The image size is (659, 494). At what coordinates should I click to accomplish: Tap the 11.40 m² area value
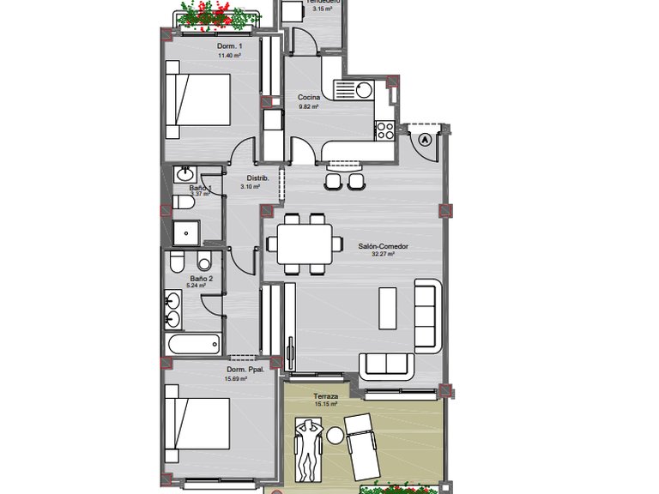pyautogui.click(x=228, y=56)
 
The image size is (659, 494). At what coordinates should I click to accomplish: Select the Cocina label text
pyautogui.click(x=309, y=98)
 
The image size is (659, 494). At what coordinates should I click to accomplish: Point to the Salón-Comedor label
pyautogui.click(x=383, y=246)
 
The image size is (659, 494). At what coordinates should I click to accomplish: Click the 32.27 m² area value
pyautogui.click(x=383, y=255)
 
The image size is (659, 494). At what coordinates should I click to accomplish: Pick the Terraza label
pyautogui.click(x=326, y=397)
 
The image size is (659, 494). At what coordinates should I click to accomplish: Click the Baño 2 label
pyautogui.click(x=201, y=279)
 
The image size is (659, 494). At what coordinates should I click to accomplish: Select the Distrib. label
pyautogui.click(x=258, y=178)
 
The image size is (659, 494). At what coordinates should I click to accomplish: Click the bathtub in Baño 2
pyautogui.click(x=193, y=346)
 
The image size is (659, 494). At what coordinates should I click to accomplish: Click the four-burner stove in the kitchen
pyautogui.click(x=384, y=130)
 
